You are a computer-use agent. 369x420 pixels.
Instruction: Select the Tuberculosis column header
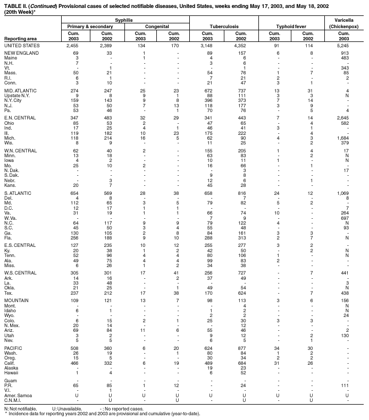point(224,25)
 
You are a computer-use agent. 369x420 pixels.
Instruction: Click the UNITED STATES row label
point(22,46)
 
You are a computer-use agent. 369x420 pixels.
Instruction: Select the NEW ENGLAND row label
point(20,54)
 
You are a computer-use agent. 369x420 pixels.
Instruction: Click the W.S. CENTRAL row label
point(21,272)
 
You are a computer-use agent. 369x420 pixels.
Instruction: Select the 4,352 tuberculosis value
point(240,46)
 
